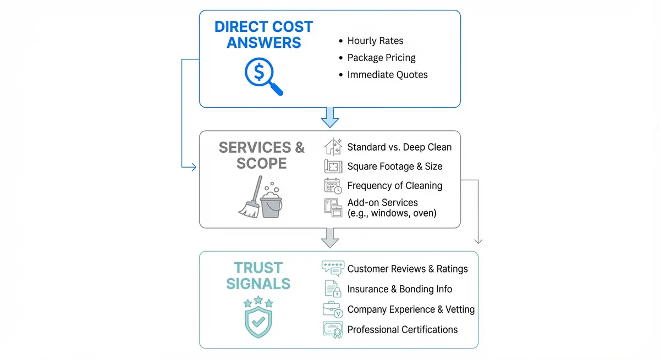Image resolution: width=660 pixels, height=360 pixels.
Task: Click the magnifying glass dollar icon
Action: click(262, 76)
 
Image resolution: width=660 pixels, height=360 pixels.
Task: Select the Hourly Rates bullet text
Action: click(375, 41)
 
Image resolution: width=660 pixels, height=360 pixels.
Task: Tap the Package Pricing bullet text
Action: click(381, 58)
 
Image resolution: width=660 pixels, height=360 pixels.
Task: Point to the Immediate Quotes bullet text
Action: click(387, 75)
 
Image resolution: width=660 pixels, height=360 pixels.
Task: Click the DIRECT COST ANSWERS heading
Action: click(263, 35)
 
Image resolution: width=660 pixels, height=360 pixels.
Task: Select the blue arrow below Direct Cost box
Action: click(330, 117)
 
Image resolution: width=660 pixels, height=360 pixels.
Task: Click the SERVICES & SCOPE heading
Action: click(262, 155)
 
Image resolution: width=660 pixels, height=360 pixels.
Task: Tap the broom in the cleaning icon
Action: click(249, 198)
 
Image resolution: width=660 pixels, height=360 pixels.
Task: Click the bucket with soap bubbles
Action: click(271, 204)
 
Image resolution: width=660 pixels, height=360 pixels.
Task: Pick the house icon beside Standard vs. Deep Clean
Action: click(333, 147)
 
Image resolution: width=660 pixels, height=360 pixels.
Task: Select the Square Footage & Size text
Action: click(394, 166)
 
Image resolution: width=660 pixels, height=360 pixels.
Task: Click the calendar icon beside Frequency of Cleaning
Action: click(333, 186)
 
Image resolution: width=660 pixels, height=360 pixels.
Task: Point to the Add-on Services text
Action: click(382, 202)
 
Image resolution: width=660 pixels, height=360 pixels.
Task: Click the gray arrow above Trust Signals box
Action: click(330, 237)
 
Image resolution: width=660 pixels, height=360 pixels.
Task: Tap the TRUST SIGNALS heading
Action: click(258, 275)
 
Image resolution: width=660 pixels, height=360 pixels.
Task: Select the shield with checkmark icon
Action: click(258, 317)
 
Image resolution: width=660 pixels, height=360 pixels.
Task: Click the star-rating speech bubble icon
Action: click(333, 268)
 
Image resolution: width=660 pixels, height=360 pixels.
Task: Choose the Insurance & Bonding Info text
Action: click(399, 289)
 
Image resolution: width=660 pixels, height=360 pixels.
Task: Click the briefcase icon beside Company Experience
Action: click(333, 309)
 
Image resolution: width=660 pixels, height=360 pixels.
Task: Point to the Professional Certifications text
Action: click(402, 329)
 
